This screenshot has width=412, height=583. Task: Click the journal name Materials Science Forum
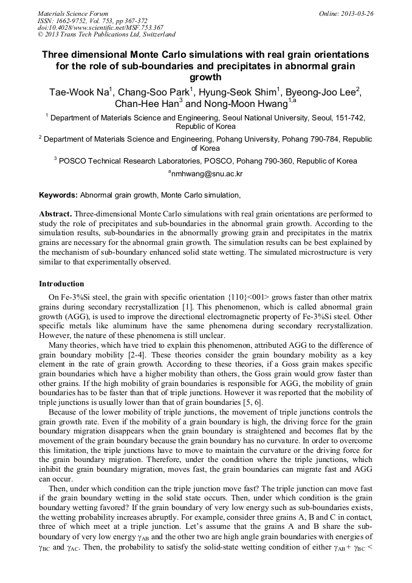(x=73, y=13)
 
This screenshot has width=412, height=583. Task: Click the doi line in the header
(x=100, y=27)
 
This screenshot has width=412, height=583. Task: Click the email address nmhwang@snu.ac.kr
(x=207, y=173)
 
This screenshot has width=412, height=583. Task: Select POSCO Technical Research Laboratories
(x=133, y=161)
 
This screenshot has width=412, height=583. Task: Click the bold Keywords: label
(x=58, y=195)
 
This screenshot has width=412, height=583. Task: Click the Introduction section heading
(x=61, y=283)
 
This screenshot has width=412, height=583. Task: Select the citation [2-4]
(x=184, y=354)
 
